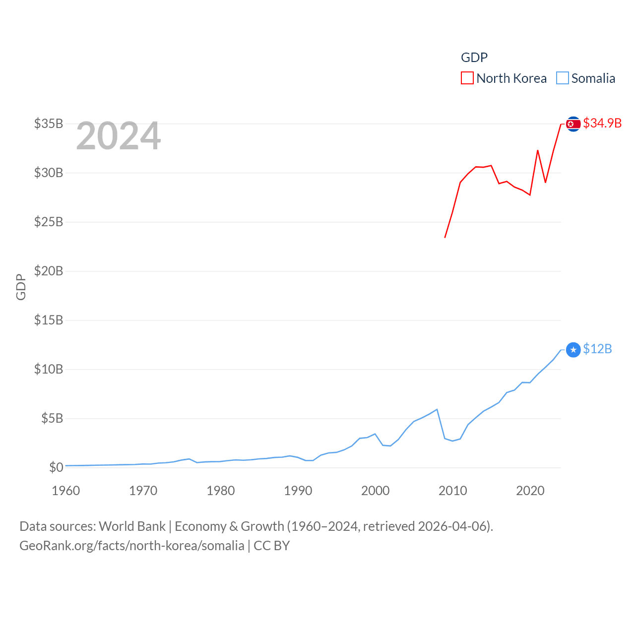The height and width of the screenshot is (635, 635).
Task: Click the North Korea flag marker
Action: point(573,124)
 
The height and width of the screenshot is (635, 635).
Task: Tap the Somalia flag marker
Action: point(573,350)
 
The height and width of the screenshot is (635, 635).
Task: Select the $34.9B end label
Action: point(602,123)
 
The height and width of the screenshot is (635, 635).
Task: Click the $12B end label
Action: point(597,349)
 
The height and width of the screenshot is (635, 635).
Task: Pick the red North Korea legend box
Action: point(467,78)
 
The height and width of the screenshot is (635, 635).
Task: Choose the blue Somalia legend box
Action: point(562,78)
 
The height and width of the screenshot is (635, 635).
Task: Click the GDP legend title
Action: point(474,58)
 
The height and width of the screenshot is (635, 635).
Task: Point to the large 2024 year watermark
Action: point(118,136)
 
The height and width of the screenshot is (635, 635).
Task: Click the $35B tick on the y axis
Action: point(49,124)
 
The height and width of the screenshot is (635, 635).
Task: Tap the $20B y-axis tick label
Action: point(49,271)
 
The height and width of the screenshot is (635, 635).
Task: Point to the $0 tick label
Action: point(56,467)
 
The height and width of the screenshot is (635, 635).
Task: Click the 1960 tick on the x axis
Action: point(66,491)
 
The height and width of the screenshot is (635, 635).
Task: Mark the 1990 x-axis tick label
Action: point(298,491)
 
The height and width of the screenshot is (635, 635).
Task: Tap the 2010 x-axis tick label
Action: point(453,491)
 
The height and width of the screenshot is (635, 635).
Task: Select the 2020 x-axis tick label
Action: point(530,491)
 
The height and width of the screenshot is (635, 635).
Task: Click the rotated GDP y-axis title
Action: point(21,287)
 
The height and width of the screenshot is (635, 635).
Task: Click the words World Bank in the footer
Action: point(132,526)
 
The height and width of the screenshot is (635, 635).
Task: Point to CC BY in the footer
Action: point(272,546)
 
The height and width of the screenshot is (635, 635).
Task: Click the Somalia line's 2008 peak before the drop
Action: point(437,409)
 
